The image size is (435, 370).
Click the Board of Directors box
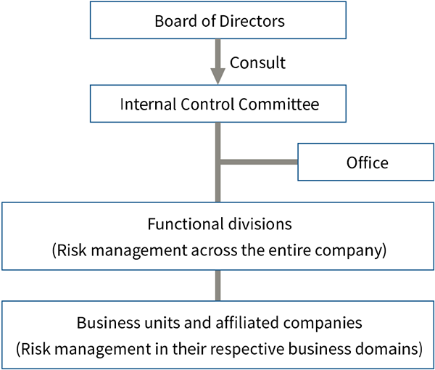219,20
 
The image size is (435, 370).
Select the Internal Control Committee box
219,104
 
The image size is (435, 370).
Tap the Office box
366,163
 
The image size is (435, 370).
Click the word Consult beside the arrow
257,62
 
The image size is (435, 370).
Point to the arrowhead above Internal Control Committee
219,75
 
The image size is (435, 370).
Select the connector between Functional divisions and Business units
217,285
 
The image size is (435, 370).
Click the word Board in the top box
173,20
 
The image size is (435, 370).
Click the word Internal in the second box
144,104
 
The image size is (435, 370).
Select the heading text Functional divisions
218,226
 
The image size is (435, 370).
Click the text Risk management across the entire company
218,252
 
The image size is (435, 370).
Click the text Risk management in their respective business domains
218,348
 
